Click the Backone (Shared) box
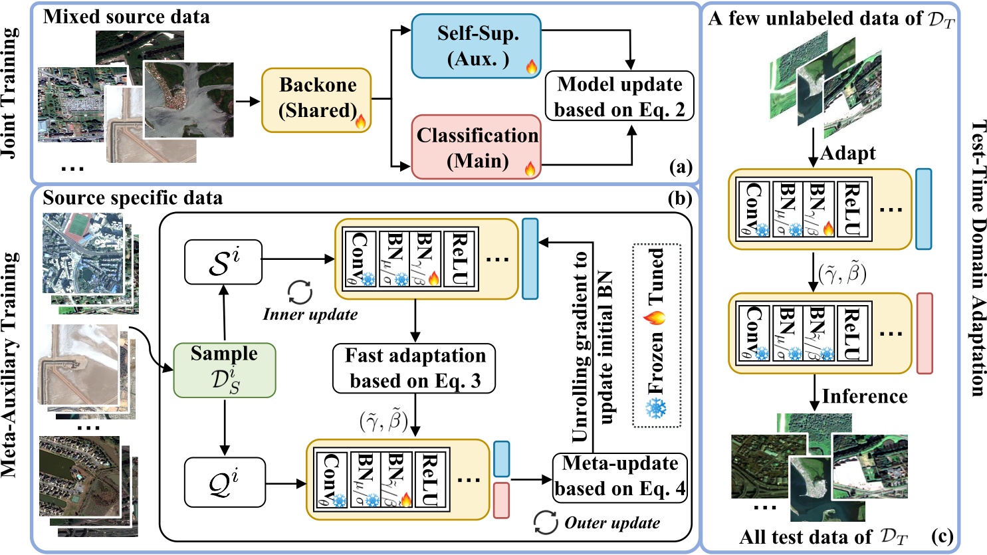316,99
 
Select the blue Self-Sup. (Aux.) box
478,46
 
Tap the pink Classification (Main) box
477,147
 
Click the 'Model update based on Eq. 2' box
619,97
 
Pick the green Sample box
224,368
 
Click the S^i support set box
223,259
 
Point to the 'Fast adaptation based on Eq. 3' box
415,368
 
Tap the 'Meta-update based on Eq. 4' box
619,476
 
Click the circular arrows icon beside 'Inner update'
298,293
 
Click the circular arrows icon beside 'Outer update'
546,522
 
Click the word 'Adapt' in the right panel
847,154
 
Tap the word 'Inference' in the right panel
864,397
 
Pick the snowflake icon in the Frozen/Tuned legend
656,407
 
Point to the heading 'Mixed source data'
126,17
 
